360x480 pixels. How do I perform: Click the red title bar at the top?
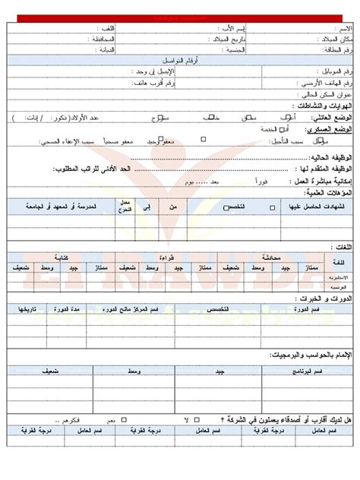pyautogui.click(x=179, y=17)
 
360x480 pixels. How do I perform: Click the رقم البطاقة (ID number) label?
pyautogui.click(x=337, y=49)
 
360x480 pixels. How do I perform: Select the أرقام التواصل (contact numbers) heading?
pyautogui.click(x=180, y=59)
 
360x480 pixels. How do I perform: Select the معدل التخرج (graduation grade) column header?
pyautogui.click(x=126, y=206)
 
